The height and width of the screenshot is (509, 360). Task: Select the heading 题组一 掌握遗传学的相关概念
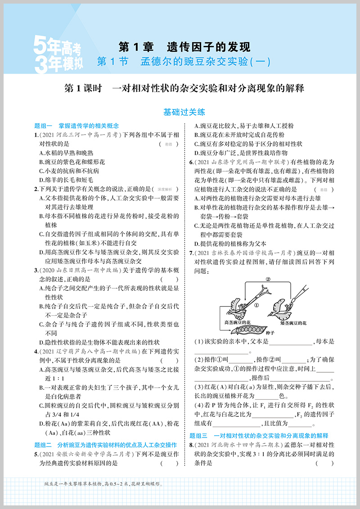pos(76,126)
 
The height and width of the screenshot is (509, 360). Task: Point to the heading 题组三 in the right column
pos(265,436)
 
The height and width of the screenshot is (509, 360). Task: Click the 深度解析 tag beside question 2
pos(169,189)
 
